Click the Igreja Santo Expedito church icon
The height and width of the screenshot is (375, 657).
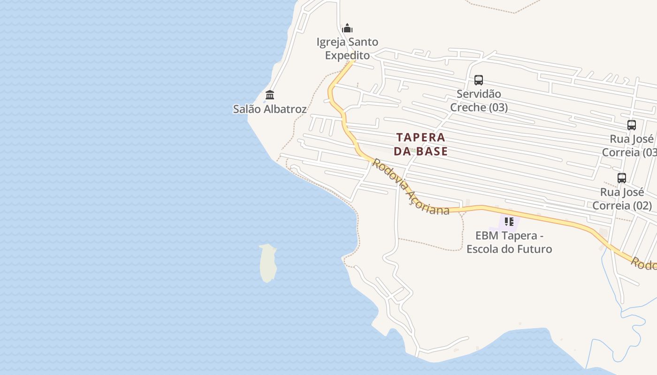tap(347, 28)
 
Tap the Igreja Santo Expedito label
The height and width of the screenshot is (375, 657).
tap(347, 49)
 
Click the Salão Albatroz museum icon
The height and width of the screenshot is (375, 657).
tap(270, 95)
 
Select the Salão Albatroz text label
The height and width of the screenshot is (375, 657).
tap(270, 109)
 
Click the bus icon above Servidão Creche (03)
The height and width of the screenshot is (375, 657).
tap(479, 80)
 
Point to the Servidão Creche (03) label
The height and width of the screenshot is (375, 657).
tap(479, 101)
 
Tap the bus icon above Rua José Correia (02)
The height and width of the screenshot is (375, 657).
tap(622, 178)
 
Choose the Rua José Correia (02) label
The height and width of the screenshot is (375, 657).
tap(622, 199)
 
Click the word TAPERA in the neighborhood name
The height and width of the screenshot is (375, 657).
tap(421, 137)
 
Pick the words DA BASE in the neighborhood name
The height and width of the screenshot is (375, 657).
tap(421, 151)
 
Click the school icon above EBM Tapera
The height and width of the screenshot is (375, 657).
tap(509, 221)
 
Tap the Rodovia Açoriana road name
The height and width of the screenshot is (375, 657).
tap(411, 187)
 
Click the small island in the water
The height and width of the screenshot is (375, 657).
tap(267, 262)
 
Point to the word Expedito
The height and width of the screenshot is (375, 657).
tap(347, 55)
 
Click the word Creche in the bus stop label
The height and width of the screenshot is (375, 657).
tap(468, 107)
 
